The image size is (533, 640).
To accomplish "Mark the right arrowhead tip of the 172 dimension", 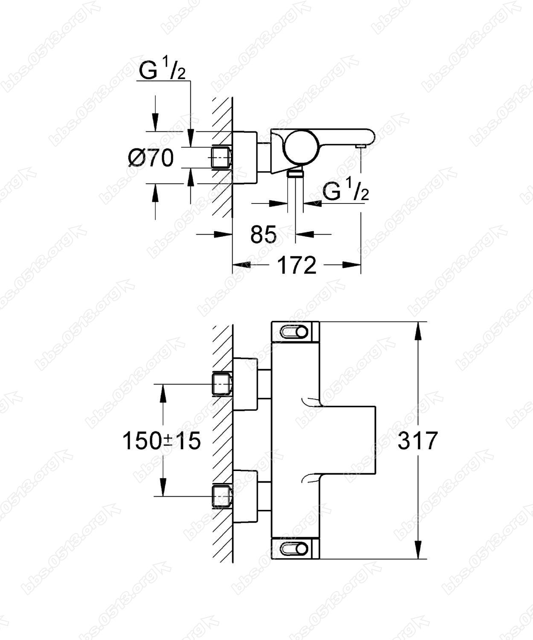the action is coord(361,265).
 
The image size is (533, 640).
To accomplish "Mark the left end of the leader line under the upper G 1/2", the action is coord(137,81).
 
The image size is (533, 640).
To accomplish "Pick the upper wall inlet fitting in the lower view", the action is coord(222,384).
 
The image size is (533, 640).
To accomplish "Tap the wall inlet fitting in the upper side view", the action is coord(222,157).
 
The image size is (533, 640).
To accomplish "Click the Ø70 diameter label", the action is coord(151,158).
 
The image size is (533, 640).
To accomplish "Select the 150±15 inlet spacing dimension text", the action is coord(162,441).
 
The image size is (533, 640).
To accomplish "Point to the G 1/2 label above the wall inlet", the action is coord(162,70).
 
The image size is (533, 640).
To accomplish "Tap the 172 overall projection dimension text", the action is coord(296,265).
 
